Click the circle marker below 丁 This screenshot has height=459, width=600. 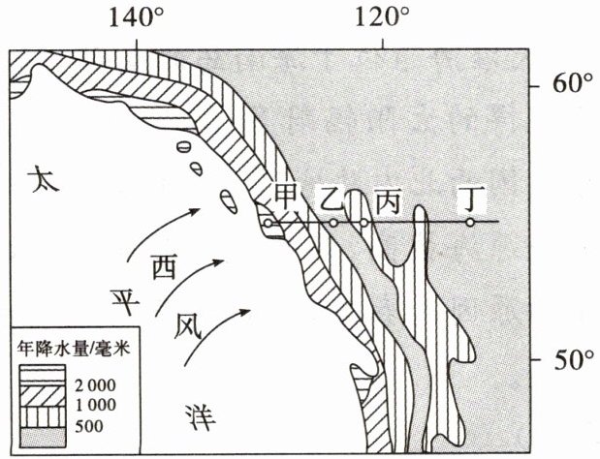(470, 223)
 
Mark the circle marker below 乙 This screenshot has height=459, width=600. (333, 223)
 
